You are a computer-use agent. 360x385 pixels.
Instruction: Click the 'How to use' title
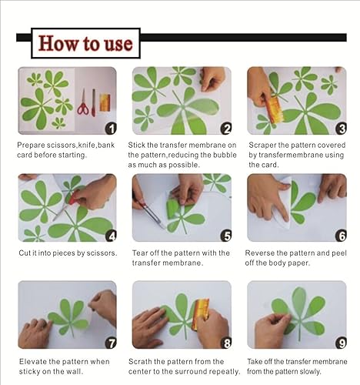click(x=85, y=43)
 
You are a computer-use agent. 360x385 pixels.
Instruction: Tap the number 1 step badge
click(x=110, y=129)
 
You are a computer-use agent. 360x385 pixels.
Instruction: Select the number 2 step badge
click(x=225, y=129)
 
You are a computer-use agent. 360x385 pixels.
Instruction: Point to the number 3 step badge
click(x=340, y=129)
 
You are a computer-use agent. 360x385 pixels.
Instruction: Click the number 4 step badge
click(x=110, y=236)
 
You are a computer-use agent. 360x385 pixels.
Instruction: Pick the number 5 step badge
click(x=225, y=236)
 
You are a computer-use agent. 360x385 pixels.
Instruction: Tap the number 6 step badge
click(x=340, y=236)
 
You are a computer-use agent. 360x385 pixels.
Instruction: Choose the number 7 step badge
click(x=110, y=342)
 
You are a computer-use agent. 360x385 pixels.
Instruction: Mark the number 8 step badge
click(x=225, y=342)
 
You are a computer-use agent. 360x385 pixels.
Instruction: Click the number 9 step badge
click(x=340, y=342)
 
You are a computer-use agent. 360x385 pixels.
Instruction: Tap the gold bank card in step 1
click(x=104, y=102)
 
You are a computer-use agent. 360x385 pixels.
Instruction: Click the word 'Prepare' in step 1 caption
click(x=33, y=145)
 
